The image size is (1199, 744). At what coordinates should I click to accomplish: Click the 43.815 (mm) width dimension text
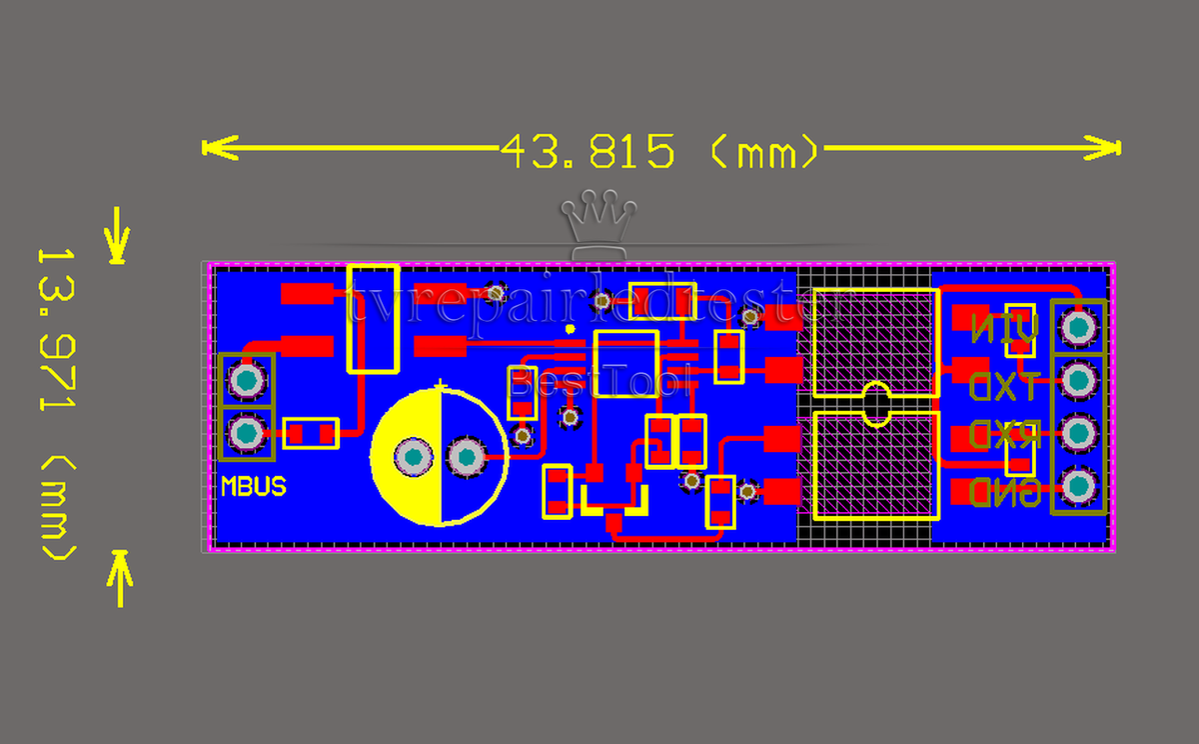[659, 152]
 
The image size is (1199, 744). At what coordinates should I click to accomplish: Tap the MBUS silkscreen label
[253, 487]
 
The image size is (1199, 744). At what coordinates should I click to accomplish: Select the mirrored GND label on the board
[1005, 492]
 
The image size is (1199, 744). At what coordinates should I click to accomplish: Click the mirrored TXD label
[1005, 383]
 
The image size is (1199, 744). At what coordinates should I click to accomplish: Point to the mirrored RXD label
[1005, 436]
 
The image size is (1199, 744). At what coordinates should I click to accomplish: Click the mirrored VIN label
[1005, 327]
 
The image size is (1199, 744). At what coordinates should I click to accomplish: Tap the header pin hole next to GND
[1078, 487]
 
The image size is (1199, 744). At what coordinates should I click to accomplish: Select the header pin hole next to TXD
[1078, 380]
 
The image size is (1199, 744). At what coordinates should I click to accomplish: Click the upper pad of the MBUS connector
[246, 380]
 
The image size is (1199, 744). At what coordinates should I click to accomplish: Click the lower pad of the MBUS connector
[246, 434]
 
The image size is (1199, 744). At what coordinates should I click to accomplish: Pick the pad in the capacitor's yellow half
[413, 457]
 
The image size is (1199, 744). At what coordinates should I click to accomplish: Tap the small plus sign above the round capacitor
[441, 383]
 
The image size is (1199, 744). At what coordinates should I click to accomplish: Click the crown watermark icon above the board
[599, 214]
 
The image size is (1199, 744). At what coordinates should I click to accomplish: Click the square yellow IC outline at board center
[626, 364]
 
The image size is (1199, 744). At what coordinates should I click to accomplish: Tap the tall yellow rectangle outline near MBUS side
[374, 318]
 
